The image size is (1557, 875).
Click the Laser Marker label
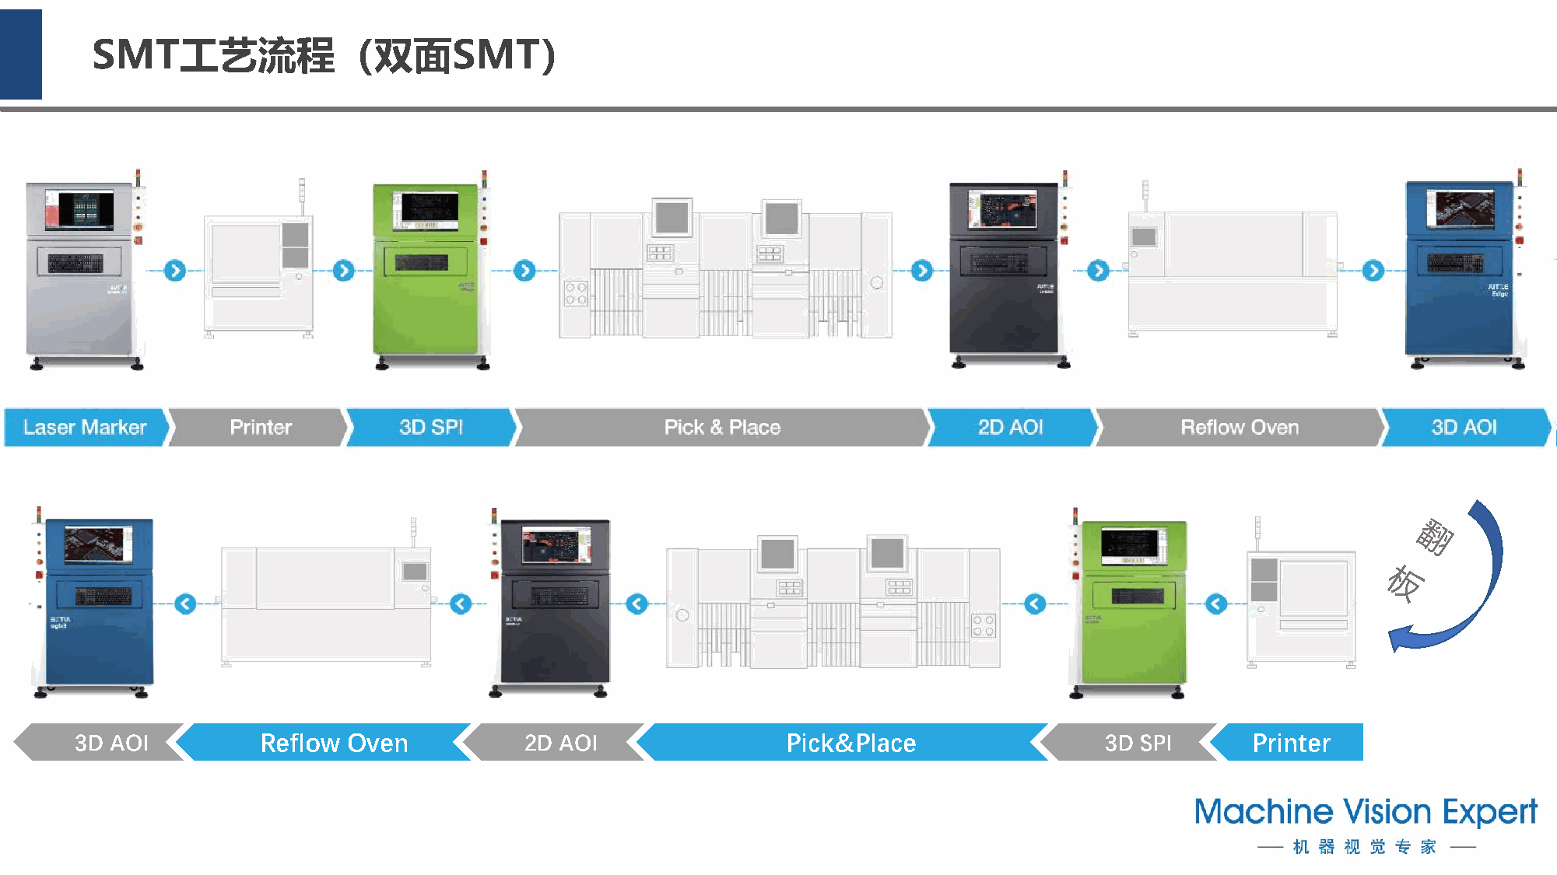tap(85, 427)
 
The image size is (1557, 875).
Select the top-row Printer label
tap(260, 427)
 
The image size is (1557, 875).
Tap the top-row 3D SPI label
tap(431, 427)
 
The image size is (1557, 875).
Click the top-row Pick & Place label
tap(722, 427)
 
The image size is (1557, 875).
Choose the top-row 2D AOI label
tap(1010, 427)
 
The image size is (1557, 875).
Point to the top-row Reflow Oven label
tap(1240, 427)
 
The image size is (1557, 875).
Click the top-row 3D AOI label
tap(1464, 427)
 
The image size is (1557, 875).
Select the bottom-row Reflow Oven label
tap(334, 743)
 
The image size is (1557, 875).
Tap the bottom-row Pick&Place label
tap(850, 743)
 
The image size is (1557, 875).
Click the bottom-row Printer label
tap(1291, 743)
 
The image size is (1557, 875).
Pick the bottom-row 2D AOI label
tap(560, 743)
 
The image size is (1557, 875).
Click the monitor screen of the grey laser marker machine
tap(79, 209)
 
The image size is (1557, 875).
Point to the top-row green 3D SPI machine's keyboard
tap(421, 262)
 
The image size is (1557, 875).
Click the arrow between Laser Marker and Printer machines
tap(175, 271)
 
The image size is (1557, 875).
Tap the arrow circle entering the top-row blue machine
tap(1373, 271)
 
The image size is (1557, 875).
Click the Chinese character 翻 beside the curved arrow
tap(1434, 536)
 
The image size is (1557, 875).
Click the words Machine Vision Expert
tap(1366, 812)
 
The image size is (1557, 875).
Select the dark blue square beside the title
tap(21, 54)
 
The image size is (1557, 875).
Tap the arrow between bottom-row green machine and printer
tap(1216, 604)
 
